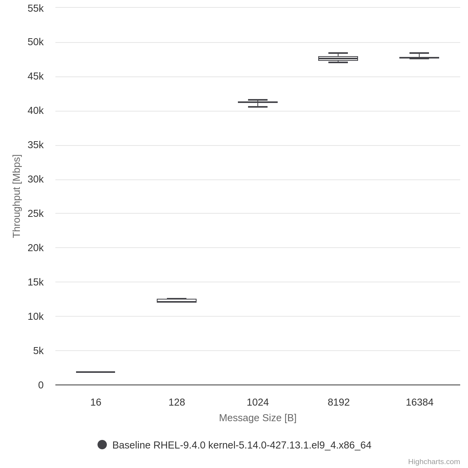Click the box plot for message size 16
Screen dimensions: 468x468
tap(96, 372)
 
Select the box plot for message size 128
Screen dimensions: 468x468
tap(177, 301)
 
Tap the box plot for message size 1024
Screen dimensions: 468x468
tap(258, 103)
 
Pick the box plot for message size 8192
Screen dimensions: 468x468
tap(338, 58)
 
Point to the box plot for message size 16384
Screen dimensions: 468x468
tap(419, 57)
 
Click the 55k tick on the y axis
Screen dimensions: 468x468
tap(35, 8)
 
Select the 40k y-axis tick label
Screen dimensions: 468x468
tap(35, 111)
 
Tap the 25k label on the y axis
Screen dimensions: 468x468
tap(35, 214)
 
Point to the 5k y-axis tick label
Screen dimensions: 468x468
tap(38, 351)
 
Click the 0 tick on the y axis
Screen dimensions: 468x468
tap(41, 385)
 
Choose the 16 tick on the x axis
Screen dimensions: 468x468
tap(96, 402)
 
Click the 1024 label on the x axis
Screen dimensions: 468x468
tap(258, 402)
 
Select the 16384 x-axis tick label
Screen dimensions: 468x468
tap(419, 402)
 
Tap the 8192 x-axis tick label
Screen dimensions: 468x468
tap(339, 402)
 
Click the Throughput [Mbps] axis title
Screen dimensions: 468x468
tap(16, 196)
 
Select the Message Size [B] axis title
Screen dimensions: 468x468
tap(258, 418)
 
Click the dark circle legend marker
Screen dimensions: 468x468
tap(102, 445)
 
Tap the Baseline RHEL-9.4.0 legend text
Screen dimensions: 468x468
tap(242, 445)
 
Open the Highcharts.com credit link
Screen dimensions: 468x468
tap(434, 462)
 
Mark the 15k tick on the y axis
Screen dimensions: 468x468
tap(35, 282)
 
